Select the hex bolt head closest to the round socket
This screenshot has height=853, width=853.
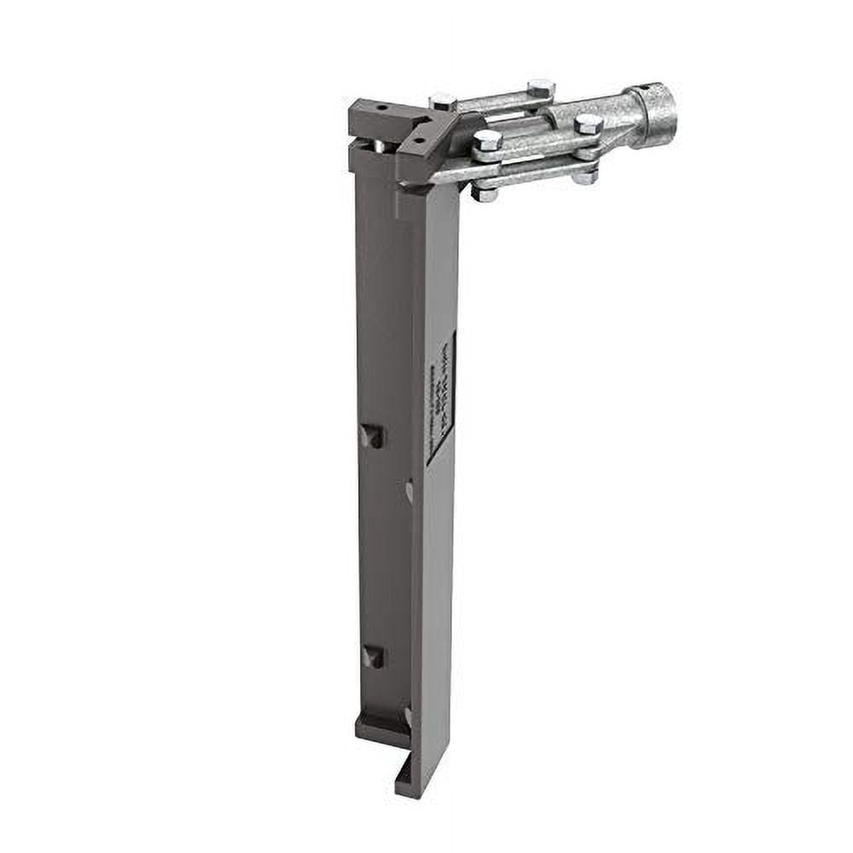click(588, 124)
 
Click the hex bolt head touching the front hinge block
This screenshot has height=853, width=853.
click(487, 140)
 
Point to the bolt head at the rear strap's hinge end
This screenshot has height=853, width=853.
click(442, 101)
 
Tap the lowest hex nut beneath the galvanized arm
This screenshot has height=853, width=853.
click(484, 193)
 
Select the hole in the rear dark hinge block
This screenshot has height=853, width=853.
click(381, 108)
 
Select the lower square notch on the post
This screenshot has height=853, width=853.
click(373, 656)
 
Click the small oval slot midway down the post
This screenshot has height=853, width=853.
click(409, 491)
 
